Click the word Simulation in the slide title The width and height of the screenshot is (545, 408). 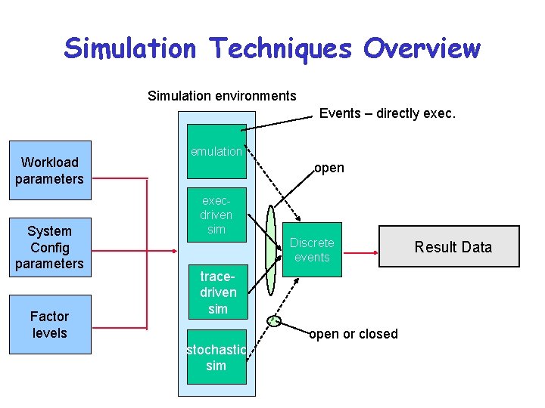click(129, 48)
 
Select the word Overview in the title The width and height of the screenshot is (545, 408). click(421, 48)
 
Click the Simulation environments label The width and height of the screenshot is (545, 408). click(222, 96)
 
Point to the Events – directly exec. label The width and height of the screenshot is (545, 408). click(387, 113)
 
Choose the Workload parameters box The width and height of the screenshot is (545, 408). click(50, 170)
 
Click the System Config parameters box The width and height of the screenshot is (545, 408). click(50, 247)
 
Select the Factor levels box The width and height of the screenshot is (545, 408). click(50, 324)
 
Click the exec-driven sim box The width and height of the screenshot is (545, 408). click(216, 215)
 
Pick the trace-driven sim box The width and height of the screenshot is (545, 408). click(217, 292)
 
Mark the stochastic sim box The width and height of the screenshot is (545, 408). click(216, 357)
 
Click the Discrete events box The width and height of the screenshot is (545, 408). click(312, 249)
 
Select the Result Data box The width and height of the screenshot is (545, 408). click(449, 247)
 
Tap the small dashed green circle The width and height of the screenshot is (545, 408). click(275, 321)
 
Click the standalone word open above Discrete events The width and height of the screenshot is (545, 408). click(329, 168)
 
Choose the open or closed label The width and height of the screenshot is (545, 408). click(353, 334)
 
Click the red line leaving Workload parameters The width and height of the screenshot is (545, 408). click(120, 178)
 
